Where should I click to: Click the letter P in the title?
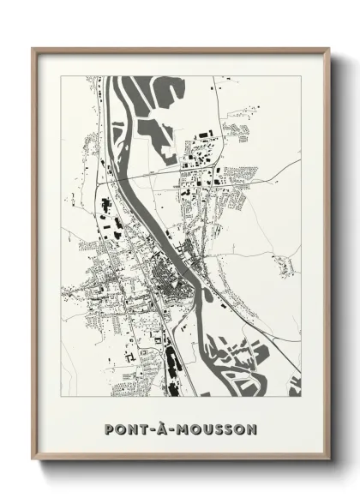pyautogui.click(x=108, y=427)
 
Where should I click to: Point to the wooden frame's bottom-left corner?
pyautogui.click(x=33, y=460)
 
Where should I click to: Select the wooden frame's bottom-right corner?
pyautogui.click(x=329, y=460)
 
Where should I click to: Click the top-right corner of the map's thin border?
pyautogui.click(x=301, y=76)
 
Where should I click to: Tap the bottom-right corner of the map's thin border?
pyautogui.click(x=301, y=397)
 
